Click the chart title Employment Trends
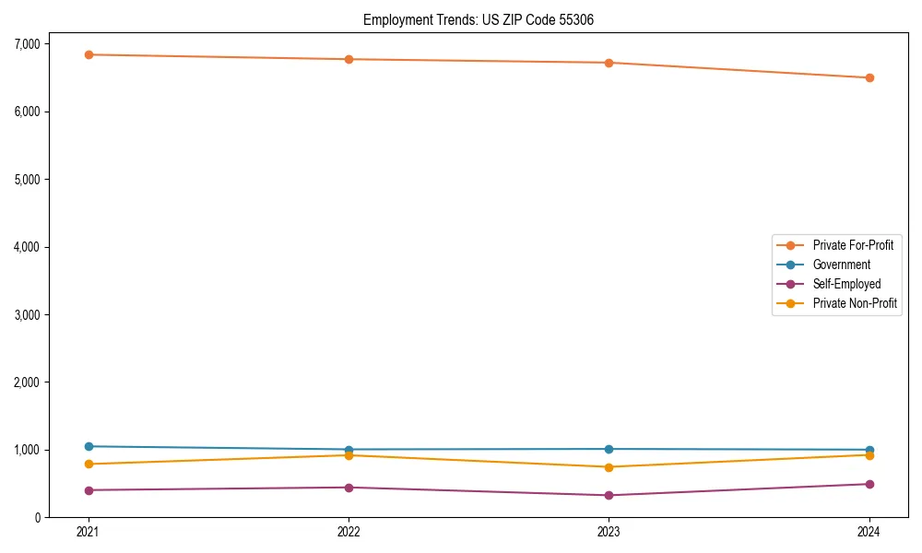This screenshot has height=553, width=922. coord(485,19)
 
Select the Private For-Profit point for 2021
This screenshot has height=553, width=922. coord(89,54)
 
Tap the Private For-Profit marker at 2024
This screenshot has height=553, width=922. coord(869,77)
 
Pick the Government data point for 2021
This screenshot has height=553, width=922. coord(89,446)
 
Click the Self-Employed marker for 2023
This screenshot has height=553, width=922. coord(609,495)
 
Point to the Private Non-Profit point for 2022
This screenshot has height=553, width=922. coord(349,455)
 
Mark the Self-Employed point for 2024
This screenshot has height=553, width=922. coord(869,484)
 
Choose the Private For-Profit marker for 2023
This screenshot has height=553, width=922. coord(609,63)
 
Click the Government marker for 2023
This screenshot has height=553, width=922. coord(609,449)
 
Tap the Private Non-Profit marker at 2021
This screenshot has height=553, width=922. coord(89,464)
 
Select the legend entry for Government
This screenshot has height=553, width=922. coord(841,265)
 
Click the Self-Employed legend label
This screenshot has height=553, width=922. coord(846,284)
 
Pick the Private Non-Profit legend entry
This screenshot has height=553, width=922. coord(855,303)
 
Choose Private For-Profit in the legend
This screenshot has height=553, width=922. coord(853,245)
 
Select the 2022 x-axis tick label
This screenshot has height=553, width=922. coord(349,532)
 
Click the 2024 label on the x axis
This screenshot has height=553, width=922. coord(869,532)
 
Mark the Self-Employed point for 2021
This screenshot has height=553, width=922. coord(89,490)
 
